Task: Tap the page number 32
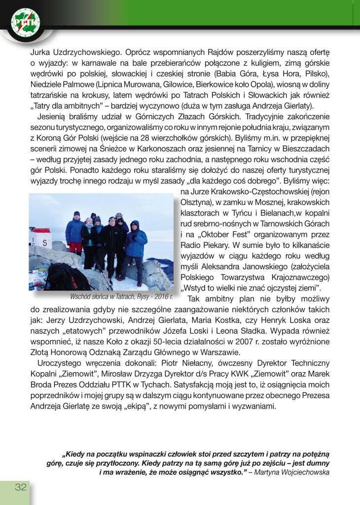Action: click(x=21, y=488)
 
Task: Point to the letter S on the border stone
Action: click(x=45, y=243)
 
